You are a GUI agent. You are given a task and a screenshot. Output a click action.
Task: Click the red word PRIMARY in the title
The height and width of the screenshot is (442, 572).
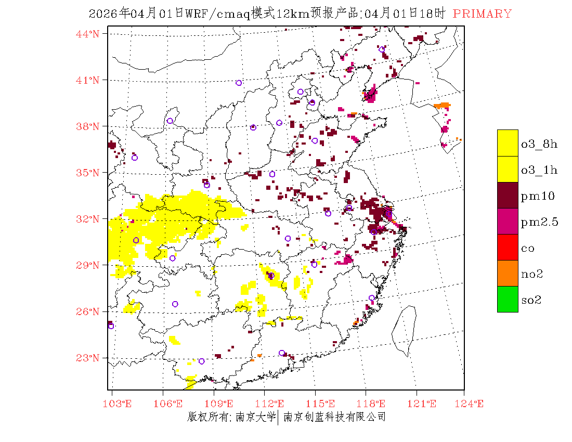coord(482,14)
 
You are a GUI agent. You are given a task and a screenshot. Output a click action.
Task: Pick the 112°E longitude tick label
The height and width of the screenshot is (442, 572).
coord(273,404)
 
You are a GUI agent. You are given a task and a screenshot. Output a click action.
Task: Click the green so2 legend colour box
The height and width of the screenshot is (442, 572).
coord(508,299)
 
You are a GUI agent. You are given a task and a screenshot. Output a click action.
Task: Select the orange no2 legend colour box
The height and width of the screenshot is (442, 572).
coord(508,273)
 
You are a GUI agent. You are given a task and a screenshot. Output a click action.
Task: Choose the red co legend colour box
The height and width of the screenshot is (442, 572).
coord(508,247)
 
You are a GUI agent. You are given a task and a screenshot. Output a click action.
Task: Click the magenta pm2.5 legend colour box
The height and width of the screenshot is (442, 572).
coord(508,221)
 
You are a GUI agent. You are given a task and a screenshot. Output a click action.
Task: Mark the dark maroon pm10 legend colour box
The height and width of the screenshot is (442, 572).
coord(508,195)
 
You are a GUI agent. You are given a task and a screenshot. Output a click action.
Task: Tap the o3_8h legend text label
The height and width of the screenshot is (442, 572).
coord(539,144)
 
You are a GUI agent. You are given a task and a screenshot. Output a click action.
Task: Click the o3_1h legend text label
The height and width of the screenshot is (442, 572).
coord(539,170)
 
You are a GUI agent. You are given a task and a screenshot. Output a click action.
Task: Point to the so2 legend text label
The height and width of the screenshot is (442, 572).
coord(531,300)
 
